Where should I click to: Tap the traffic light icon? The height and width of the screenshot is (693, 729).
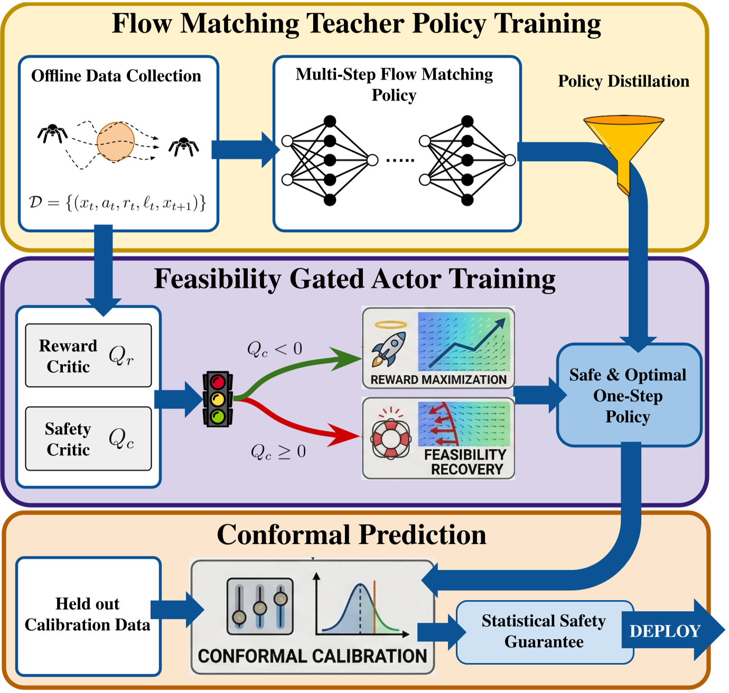(x=218, y=399)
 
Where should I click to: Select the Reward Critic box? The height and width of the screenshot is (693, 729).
(x=88, y=356)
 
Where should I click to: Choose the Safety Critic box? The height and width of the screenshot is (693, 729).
(x=88, y=439)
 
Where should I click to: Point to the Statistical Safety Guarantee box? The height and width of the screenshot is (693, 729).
(x=544, y=631)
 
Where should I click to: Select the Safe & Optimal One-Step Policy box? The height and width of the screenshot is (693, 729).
(x=628, y=395)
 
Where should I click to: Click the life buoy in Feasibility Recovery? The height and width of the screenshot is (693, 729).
(x=391, y=438)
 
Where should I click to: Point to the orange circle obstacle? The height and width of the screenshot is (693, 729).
(x=116, y=142)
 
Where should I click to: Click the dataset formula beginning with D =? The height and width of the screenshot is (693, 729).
(x=117, y=203)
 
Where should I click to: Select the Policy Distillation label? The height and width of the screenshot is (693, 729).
(x=623, y=81)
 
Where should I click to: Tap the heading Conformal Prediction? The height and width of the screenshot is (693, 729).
(x=351, y=535)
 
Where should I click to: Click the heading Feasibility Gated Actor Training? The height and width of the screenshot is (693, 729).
(x=354, y=279)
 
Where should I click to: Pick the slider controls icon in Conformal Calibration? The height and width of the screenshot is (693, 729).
(x=260, y=606)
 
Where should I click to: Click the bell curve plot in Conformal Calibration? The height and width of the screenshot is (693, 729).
(x=362, y=606)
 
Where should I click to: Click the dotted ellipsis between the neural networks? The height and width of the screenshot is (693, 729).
(x=400, y=160)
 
